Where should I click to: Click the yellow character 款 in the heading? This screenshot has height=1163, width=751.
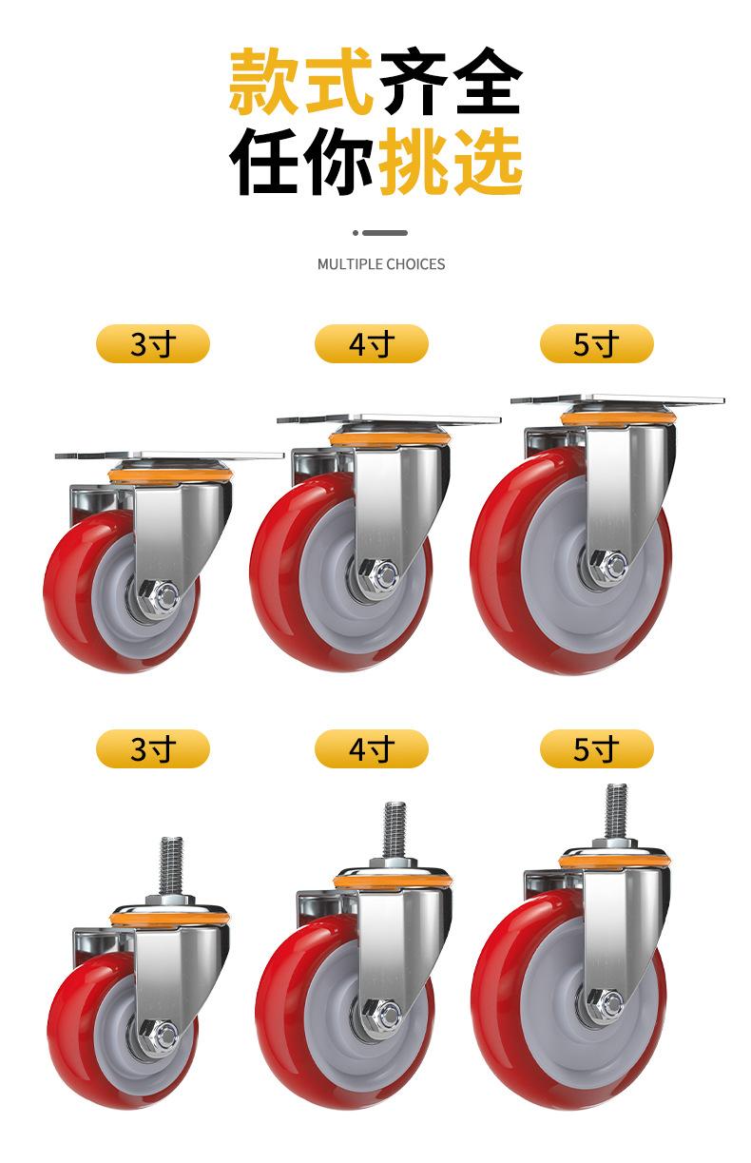click(x=264, y=81)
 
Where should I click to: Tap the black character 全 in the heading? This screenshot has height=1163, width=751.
click(x=488, y=81)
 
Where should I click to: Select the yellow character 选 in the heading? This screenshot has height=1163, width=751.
click(x=488, y=162)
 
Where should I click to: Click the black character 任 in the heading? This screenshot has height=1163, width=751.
click(x=264, y=162)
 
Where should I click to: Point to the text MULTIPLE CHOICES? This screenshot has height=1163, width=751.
click(x=381, y=264)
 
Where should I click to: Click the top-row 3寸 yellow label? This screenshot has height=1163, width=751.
click(x=153, y=343)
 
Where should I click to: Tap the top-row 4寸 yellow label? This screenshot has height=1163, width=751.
click(x=372, y=343)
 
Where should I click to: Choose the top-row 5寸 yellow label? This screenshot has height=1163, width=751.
click(x=597, y=343)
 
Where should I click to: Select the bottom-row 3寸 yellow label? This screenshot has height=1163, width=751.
click(x=153, y=748)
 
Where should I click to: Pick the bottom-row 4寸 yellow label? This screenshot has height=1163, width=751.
click(x=372, y=748)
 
